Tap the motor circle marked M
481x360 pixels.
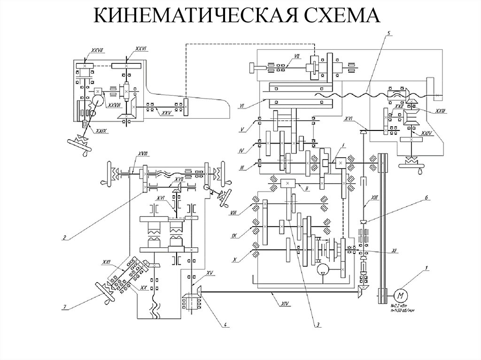(401, 295)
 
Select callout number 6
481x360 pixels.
(427, 198)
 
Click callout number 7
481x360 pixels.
(64, 307)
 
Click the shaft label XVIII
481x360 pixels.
(143, 154)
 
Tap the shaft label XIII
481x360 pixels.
(374, 198)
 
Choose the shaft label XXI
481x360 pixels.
(107, 261)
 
